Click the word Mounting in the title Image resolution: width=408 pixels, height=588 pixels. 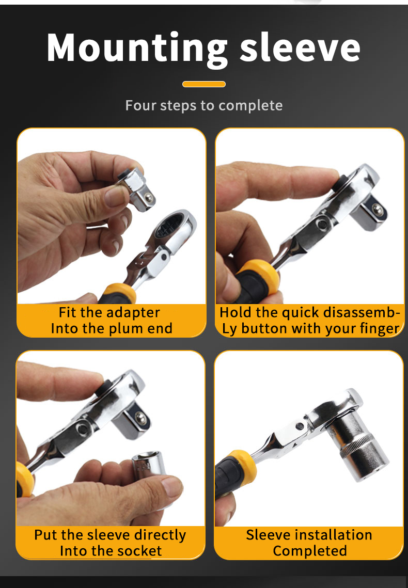click(x=137, y=49)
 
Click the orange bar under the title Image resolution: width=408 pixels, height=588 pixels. click(x=204, y=84)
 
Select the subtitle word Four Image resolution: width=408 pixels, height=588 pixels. click(x=140, y=105)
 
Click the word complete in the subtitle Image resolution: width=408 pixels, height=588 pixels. click(x=250, y=106)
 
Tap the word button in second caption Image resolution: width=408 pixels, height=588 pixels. click(x=265, y=328)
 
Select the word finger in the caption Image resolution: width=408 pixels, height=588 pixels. click(x=379, y=329)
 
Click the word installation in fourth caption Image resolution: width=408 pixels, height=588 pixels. click(x=334, y=535)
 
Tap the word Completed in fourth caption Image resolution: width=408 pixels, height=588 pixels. click(x=310, y=551)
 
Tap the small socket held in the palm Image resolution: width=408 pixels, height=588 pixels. click(x=149, y=466)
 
